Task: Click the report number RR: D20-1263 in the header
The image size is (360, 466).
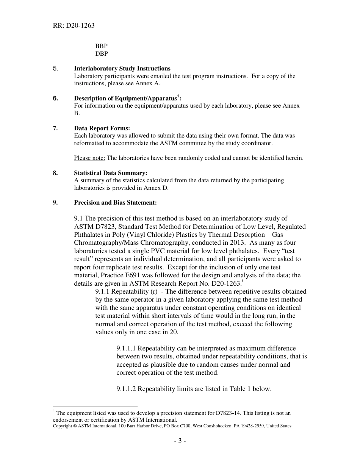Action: tap(74, 26)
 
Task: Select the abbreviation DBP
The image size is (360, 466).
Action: tap(102, 54)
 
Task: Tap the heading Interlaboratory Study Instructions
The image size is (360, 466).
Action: tap(122, 69)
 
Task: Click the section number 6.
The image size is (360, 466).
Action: tap(56, 98)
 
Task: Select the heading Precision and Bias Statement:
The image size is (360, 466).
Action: tap(115, 203)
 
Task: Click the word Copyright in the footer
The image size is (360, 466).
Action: tap(62, 426)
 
